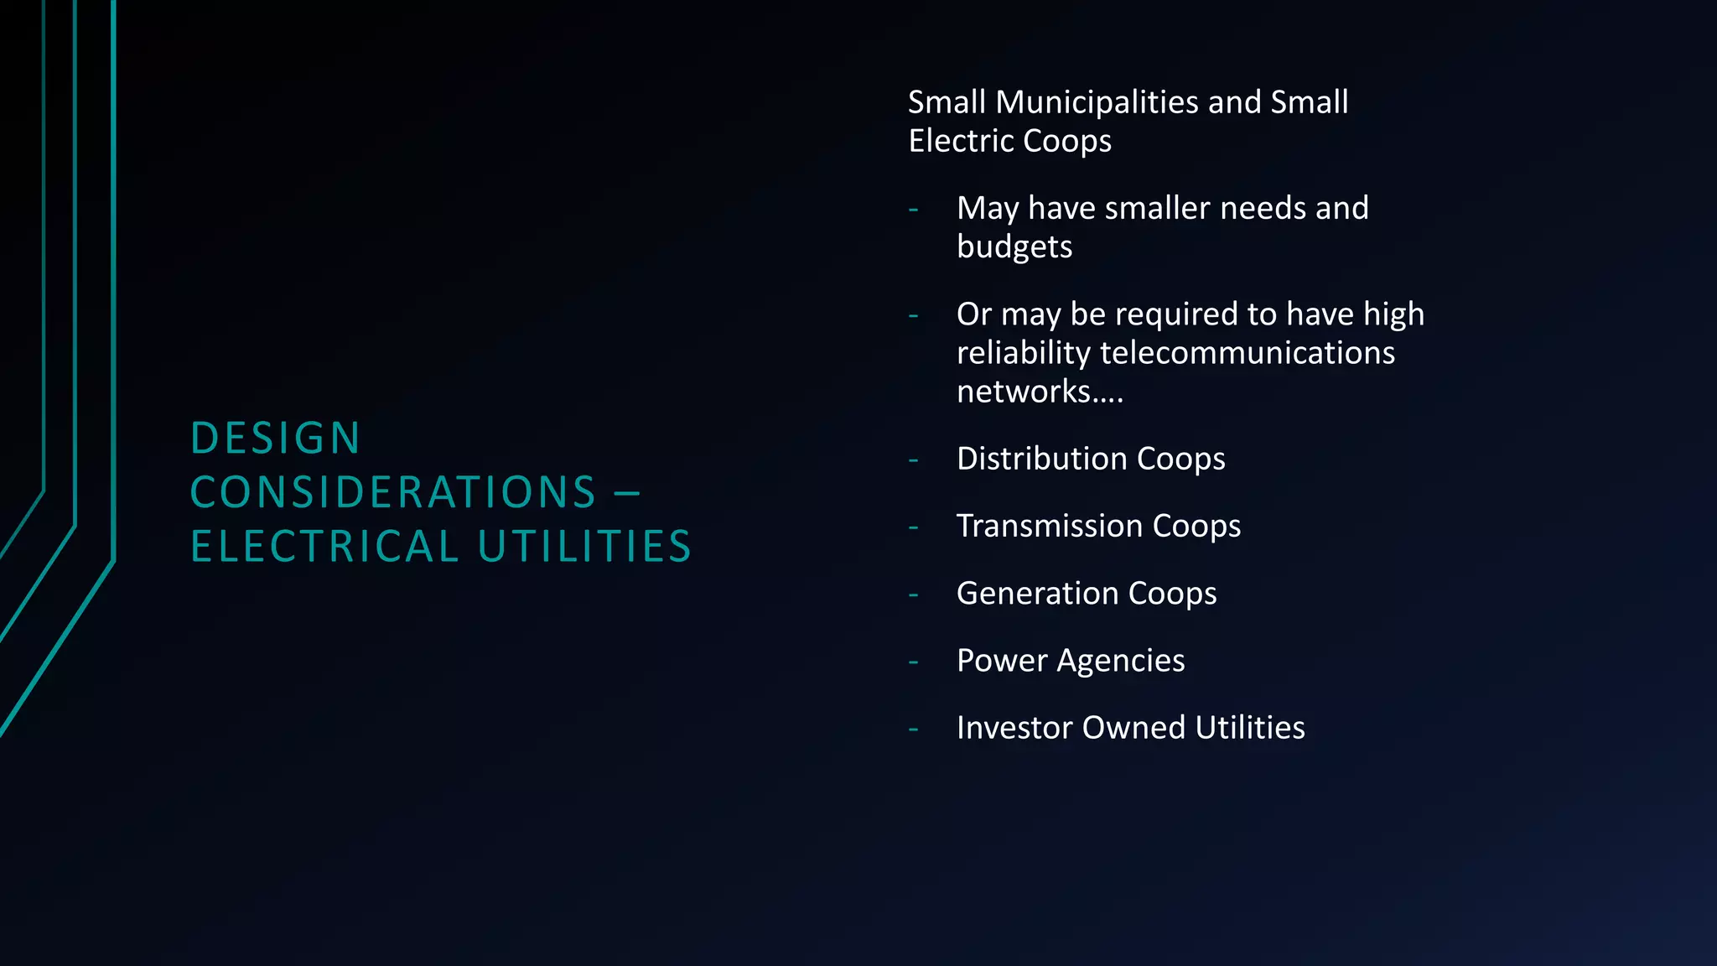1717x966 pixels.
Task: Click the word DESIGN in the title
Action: pos(276,439)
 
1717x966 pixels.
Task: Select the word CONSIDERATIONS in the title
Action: pos(393,492)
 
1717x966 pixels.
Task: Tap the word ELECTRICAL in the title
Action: pos(324,547)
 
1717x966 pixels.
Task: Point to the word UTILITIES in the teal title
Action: pos(584,547)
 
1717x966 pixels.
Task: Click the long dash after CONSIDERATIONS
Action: pos(627,492)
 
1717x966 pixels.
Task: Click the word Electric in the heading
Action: pos(961,141)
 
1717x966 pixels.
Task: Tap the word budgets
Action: pos(1014,247)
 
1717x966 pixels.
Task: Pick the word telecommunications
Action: pos(1248,353)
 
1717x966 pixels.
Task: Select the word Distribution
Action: pos(1042,459)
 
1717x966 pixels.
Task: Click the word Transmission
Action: pos(1050,526)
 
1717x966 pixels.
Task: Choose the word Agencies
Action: pos(1121,661)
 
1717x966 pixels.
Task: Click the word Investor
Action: pos(1014,728)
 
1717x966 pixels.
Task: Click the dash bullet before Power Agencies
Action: pos(913,662)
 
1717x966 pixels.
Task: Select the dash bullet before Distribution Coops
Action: pos(913,460)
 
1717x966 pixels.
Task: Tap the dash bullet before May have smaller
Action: pos(913,209)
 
